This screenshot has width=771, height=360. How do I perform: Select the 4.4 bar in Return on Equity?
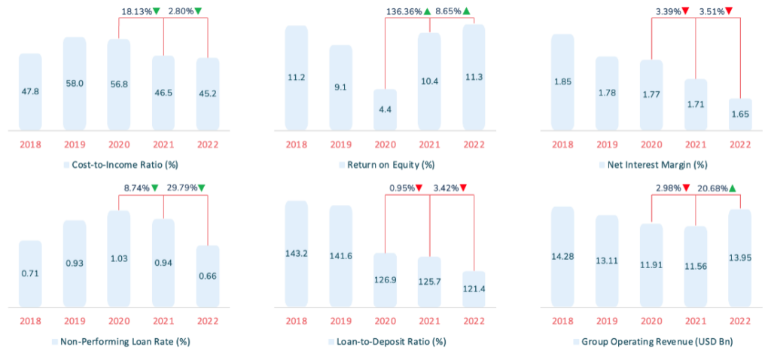[x=385, y=109]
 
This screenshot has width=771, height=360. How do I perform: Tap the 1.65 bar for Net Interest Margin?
[x=740, y=114]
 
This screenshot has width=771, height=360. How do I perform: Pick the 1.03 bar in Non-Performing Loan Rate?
[x=118, y=258]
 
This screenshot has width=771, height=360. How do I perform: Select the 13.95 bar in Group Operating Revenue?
[x=740, y=258]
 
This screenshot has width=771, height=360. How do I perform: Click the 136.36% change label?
[x=404, y=11]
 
